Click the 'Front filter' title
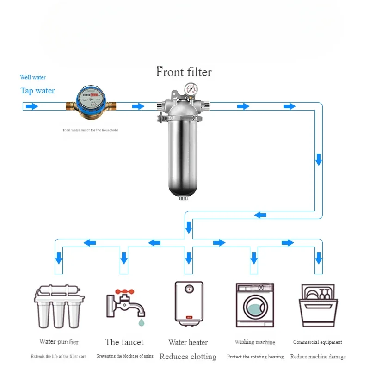tap(184, 72)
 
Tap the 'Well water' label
tap(33, 77)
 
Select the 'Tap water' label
tap(37, 91)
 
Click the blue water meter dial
tap(91, 98)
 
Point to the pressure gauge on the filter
tap(191, 89)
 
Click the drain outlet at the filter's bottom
tap(183, 198)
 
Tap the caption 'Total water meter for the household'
tap(90, 130)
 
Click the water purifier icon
tap(59, 306)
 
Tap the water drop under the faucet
tap(142, 322)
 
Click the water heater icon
tap(189, 303)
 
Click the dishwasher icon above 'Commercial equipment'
tap(318, 305)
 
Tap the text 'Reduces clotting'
tap(188, 357)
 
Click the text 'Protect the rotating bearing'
tap(255, 357)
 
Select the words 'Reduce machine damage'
tap(318, 356)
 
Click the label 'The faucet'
tap(124, 342)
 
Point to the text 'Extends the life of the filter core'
tap(59, 356)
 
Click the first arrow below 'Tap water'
tap(32, 106)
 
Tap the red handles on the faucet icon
tap(124, 292)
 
